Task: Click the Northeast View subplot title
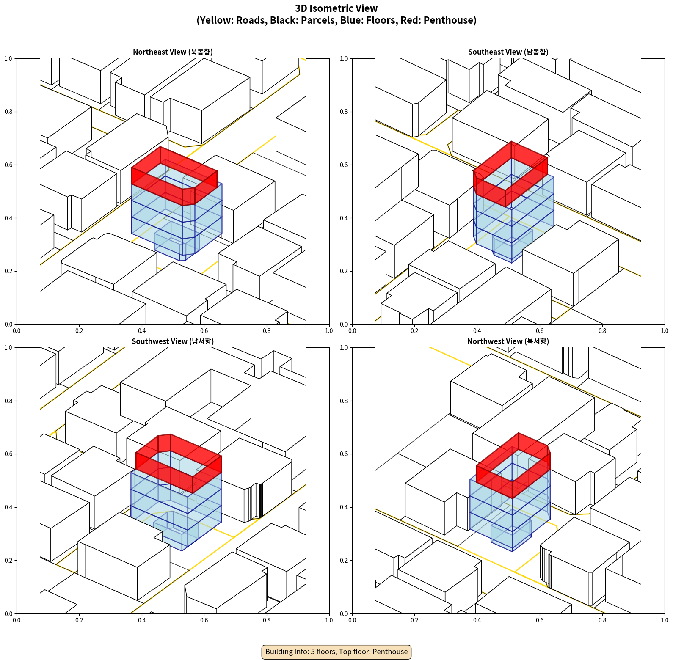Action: [x=173, y=52]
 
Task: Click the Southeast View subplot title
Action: [x=508, y=52]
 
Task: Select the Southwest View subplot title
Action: [x=173, y=341]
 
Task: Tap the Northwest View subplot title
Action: [x=508, y=341]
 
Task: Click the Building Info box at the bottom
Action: [x=336, y=652]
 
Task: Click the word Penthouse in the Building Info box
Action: [x=390, y=652]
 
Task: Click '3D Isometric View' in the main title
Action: [x=336, y=8]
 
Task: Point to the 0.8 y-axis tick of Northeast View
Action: [x=8, y=112]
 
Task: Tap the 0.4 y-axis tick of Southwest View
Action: [x=8, y=507]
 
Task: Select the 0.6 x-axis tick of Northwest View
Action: [x=540, y=620]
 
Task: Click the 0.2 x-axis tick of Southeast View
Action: [x=414, y=331]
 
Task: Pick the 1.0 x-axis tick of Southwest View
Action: [x=329, y=620]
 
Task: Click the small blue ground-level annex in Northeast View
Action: [x=176, y=242]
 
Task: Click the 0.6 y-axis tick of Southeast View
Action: [x=344, y=165]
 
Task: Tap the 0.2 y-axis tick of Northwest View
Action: [x=344, y=561]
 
